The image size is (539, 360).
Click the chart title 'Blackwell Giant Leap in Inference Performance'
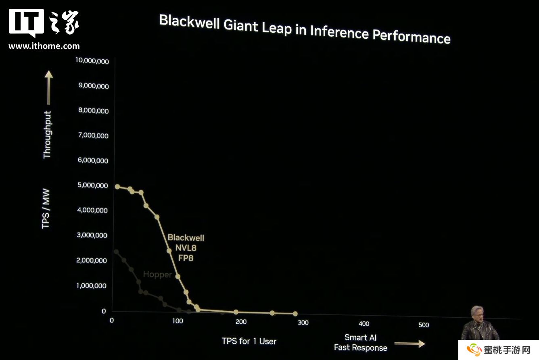[305, 29]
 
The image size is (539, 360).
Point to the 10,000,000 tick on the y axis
[92, 61]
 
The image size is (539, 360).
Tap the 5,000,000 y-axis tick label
[92, 185]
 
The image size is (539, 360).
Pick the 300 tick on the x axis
[303, 323]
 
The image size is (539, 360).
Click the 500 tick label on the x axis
[424, 325]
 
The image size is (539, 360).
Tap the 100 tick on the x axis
[178, 321]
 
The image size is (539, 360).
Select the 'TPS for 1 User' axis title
[249, 341]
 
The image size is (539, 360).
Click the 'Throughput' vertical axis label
[47, 135]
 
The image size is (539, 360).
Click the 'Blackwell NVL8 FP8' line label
[186, 248]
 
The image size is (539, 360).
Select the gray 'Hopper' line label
[157, 275]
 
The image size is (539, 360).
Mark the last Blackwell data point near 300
[295, 314]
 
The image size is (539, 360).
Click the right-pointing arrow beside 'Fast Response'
[409, 344]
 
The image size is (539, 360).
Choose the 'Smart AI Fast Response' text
[361, 343]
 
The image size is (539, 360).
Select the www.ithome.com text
[44, 46]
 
